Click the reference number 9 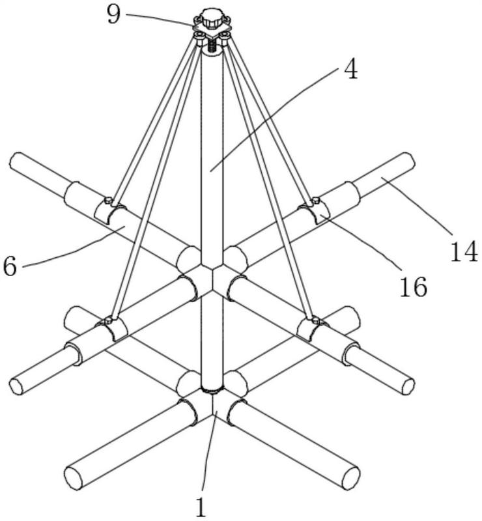[x=114, y=14]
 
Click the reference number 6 [x=10, y=265]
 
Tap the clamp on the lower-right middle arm [x=313, y=329]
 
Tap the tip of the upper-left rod [x=16, y=161]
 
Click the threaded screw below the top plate [x=211, y=46]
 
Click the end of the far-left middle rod [x=18, y=385]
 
